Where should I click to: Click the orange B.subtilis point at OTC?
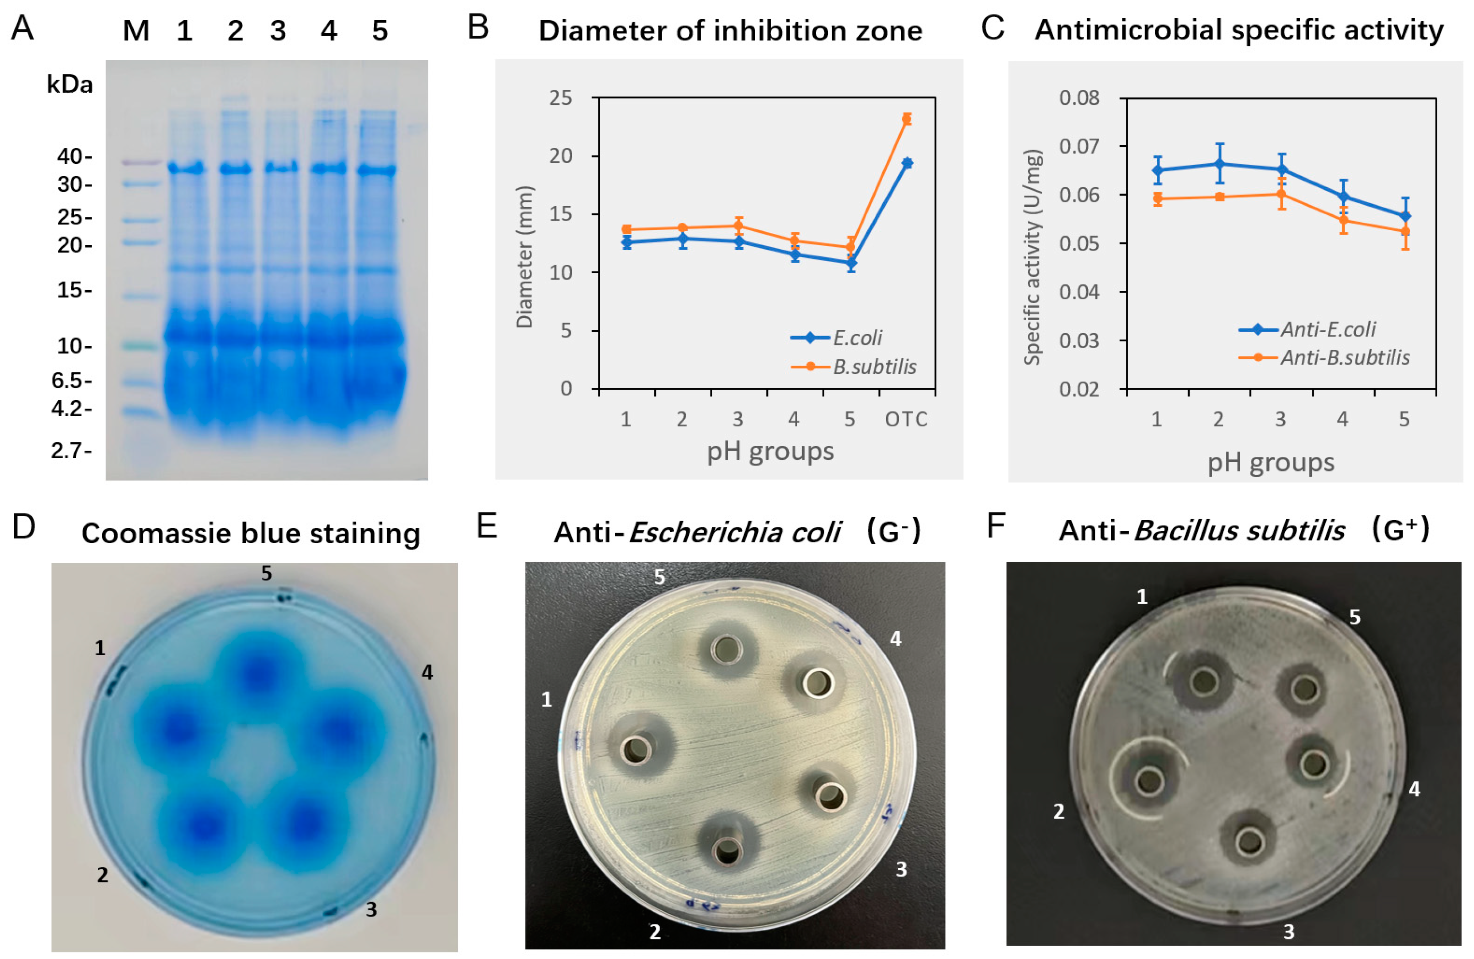click(906, 119)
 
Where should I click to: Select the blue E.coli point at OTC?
click(906, 163)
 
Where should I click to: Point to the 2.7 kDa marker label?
click(70, 451)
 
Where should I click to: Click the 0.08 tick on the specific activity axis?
click(1079, 98)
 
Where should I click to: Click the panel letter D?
click(23, 527)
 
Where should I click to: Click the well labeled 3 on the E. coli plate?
click(830, 797)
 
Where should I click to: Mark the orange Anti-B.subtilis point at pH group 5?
click(1404, 232)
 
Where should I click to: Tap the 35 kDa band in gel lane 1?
click(186, 168)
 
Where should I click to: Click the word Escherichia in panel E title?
click(734, 532)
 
